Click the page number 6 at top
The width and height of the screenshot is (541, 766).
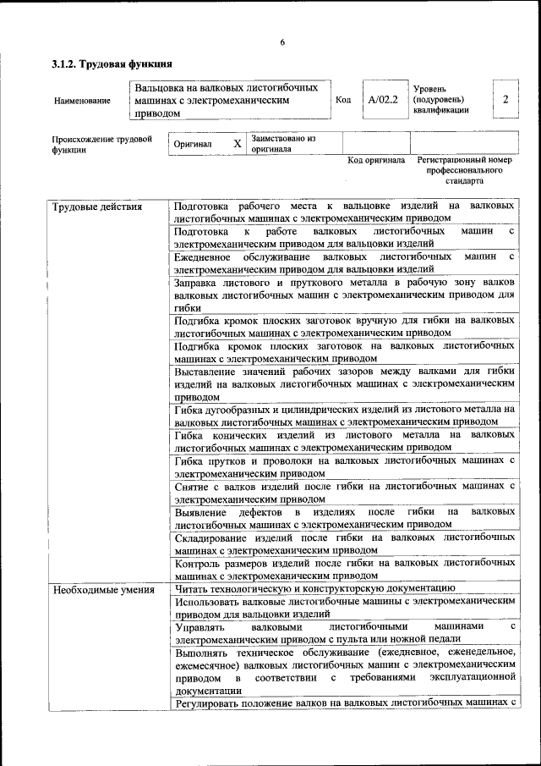point(282,42)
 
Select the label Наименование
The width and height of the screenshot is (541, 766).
point(82,101)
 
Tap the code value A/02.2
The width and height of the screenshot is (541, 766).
point(383,100)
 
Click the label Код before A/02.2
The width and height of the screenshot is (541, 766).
point(343,100)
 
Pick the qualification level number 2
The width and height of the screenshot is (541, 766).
point(505,100)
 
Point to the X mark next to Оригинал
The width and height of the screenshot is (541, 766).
point(238,144)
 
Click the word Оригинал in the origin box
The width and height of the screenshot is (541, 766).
point(193,144)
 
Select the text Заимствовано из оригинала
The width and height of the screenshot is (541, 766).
point(283,143)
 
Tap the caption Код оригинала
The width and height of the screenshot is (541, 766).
point(377,160)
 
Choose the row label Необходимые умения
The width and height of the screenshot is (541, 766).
point(102,589)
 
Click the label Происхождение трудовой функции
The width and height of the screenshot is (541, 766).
point(101,144)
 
